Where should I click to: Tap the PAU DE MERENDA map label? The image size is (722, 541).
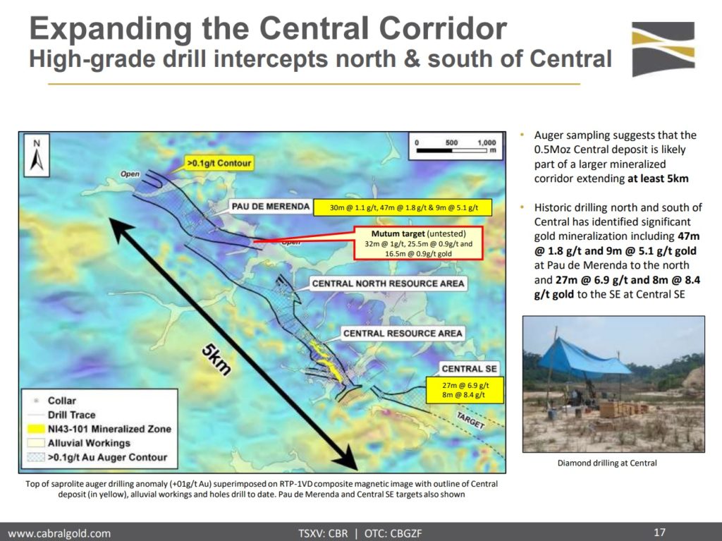coord(271,207)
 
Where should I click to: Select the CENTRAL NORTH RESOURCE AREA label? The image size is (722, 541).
coord(388,284)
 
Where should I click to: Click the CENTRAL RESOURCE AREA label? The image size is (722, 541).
coord(403,333)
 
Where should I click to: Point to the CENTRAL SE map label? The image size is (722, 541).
coord(469,369)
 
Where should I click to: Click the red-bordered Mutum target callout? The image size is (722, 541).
coord(418,243)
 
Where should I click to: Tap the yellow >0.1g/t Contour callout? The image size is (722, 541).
coord(219,163)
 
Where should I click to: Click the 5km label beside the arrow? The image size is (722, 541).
coord(216,360)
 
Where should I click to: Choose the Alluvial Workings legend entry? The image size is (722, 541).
coord(79,443)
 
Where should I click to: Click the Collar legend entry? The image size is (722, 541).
coord(55,401)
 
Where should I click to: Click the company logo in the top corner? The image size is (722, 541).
coord(663,49)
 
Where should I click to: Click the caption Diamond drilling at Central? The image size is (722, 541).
coord(607,463)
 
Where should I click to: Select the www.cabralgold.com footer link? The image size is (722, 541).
coord(59,533)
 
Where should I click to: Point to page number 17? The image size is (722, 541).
coord(659,533)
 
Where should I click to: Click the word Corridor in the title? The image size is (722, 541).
coord(443,28)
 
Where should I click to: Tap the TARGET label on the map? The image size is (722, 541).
coord(470,420)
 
